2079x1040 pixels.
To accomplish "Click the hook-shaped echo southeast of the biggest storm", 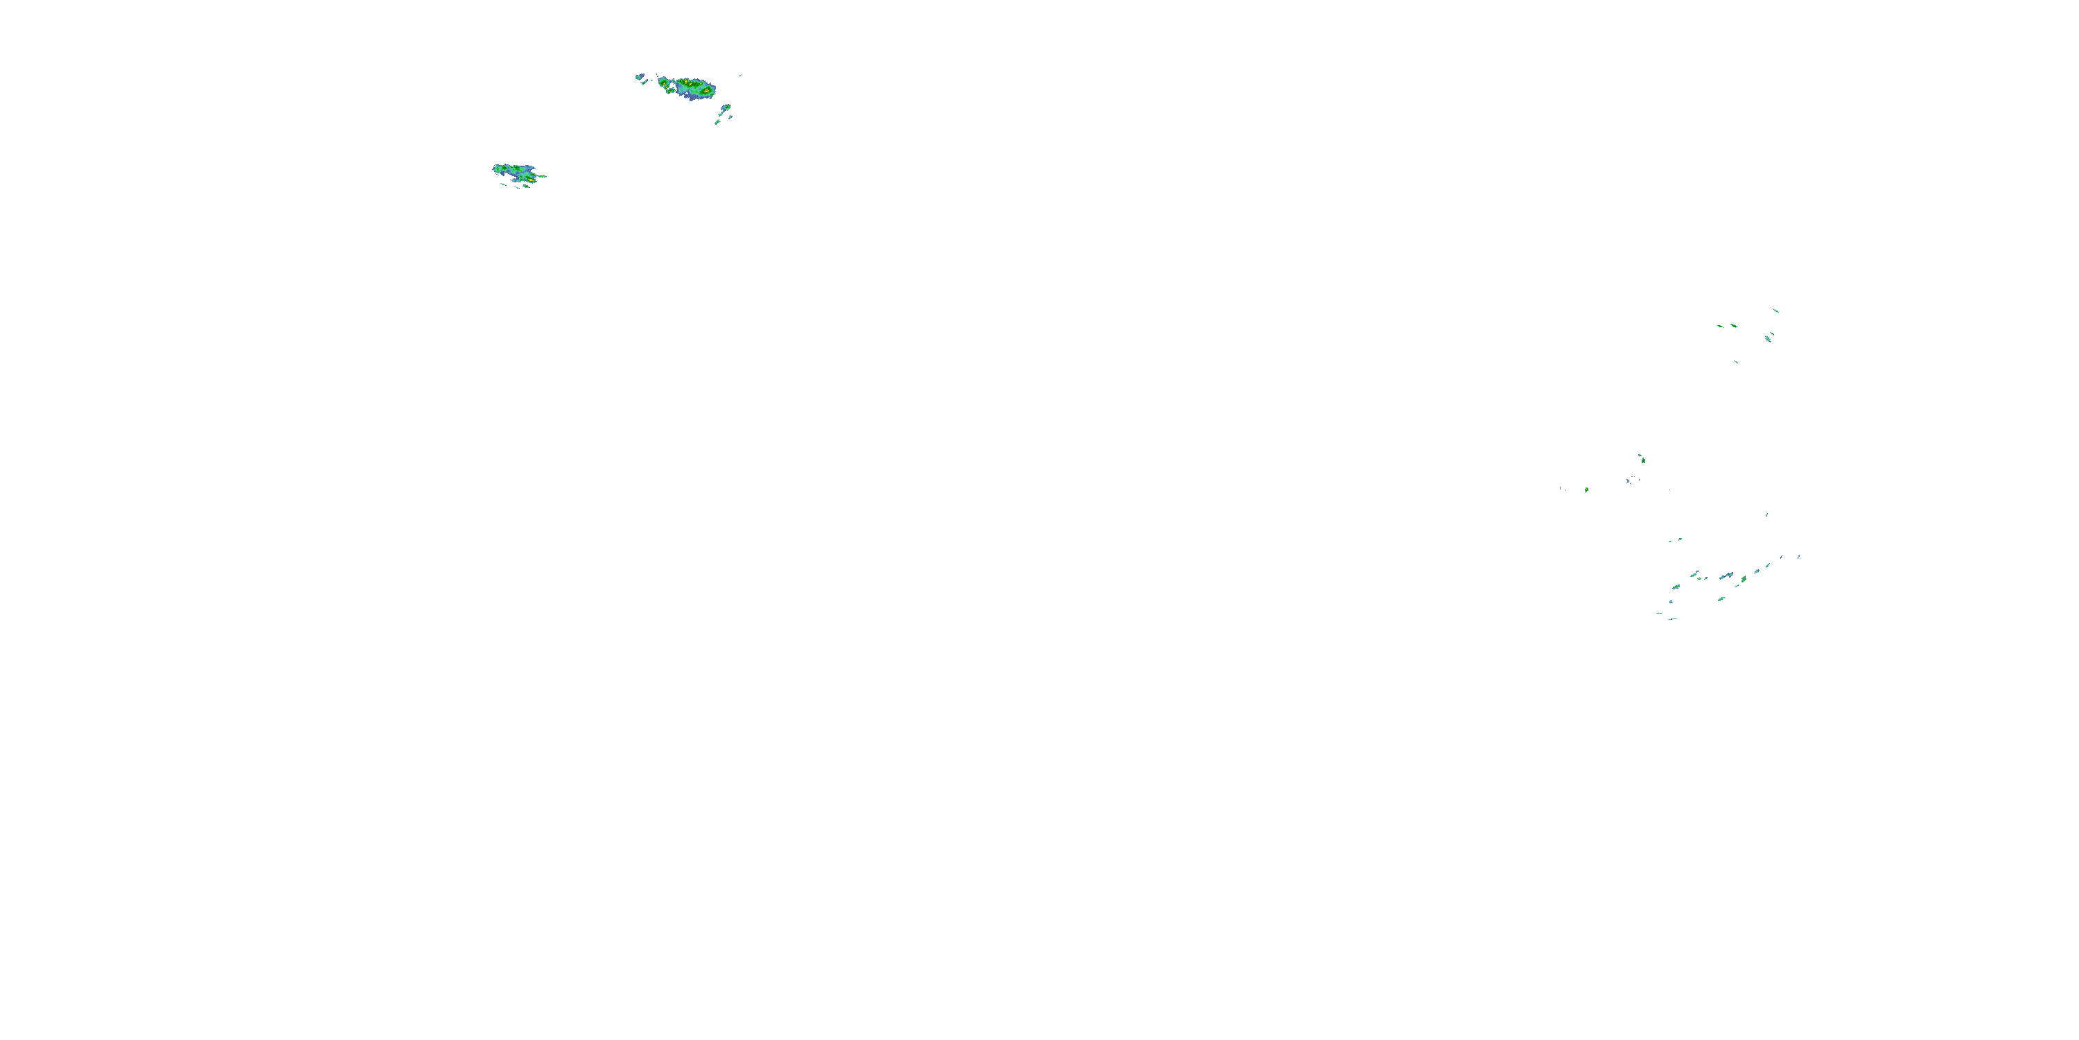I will coord(726,107).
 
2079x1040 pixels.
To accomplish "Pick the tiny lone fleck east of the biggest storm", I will coord(741,75).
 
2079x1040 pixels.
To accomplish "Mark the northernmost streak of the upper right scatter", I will coord(1775,310).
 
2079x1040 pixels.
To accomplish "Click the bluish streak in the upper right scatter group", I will coord(1769,339).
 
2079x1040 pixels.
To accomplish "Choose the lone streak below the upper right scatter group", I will coord(1736,362).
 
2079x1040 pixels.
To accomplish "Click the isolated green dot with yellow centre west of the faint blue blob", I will coord(1587,489).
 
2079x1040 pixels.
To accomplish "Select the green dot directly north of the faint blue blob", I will coord(1642,460).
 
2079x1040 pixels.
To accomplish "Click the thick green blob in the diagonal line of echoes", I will coord(1744,578).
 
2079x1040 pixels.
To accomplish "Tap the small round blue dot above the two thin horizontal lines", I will coord(1671,602).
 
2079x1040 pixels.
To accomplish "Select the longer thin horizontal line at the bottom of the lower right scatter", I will coord(1673,619).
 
